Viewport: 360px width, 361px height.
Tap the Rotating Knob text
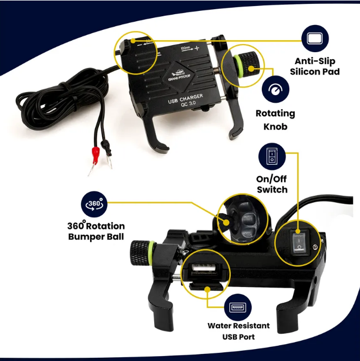(x=275, y=119)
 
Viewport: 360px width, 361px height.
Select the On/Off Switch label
(x=271, y=184)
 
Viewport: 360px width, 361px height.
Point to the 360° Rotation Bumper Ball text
(x=96, y=231)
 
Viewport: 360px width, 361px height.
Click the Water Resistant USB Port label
(x=238, y=331)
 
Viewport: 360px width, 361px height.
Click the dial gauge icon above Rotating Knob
(x=275, y=90)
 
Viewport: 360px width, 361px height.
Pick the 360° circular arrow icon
(x=94, y=204)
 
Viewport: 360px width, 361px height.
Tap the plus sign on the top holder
(x=197, y=48)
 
